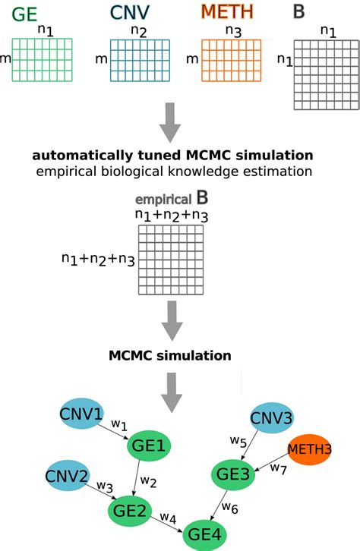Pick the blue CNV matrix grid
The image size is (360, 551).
pos(138,58)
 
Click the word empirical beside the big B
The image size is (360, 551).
pos(163,200)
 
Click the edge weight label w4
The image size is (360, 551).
pos(169,518)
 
